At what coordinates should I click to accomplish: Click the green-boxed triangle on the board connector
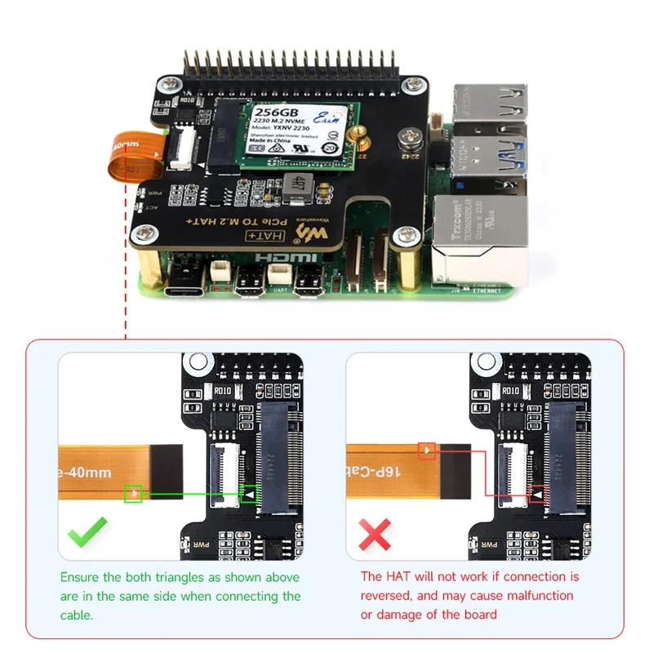point(249,494)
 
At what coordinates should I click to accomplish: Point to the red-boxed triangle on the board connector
point(537,494)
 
